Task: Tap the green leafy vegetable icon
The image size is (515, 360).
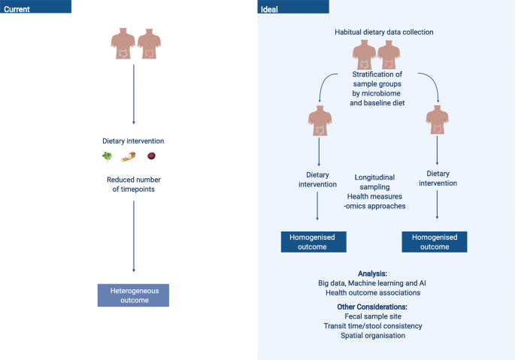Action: [107, 156]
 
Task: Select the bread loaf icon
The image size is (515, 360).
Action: [129, 156]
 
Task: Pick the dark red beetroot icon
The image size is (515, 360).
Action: [151, 156]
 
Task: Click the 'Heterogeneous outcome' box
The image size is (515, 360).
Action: [133, 295]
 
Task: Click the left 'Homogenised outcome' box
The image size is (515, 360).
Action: [314, 241]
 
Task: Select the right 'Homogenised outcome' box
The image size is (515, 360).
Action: [435, 241]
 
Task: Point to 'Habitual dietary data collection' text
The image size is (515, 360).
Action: [384, 32]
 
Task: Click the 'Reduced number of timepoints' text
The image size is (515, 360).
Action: [133, 185]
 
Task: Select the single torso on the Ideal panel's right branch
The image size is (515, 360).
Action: [438, 124]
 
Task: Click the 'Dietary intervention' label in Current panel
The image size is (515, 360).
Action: [133, 141]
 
